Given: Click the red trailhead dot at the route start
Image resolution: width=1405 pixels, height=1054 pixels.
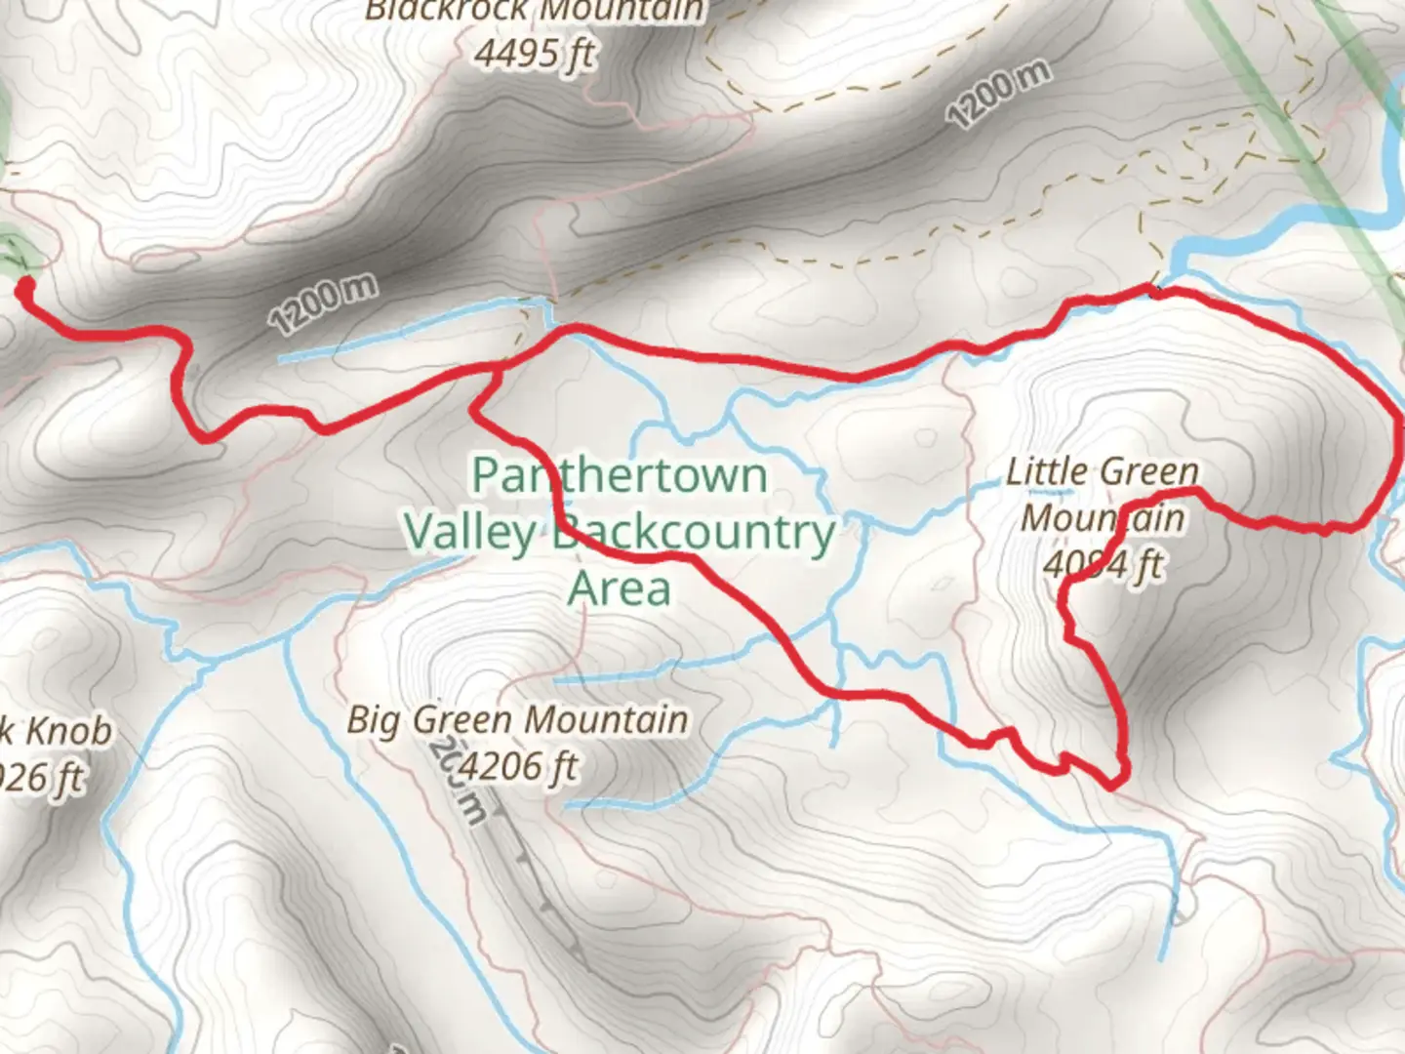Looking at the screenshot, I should pos(24,286).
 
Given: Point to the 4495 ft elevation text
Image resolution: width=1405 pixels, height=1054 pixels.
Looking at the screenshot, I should pos(535,53).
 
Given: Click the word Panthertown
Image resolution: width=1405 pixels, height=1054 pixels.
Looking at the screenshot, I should pos(620,476).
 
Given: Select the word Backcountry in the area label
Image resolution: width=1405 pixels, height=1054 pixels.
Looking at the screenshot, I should pos(694,534).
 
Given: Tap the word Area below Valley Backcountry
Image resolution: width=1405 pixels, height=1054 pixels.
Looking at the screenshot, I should pos(620,589).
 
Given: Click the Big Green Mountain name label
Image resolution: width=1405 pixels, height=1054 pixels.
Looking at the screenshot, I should pos(517,720).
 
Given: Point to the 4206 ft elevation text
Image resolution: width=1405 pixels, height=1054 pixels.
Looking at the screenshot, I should pos(517,767).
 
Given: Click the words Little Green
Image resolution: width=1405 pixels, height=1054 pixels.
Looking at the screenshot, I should pos(1102,473).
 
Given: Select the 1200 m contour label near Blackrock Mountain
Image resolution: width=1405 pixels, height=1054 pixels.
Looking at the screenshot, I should pos(999,95).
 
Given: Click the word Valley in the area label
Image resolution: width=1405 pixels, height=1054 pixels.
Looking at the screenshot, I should pos(469,534).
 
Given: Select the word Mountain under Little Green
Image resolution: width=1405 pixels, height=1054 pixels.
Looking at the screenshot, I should pos(1103,517).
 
